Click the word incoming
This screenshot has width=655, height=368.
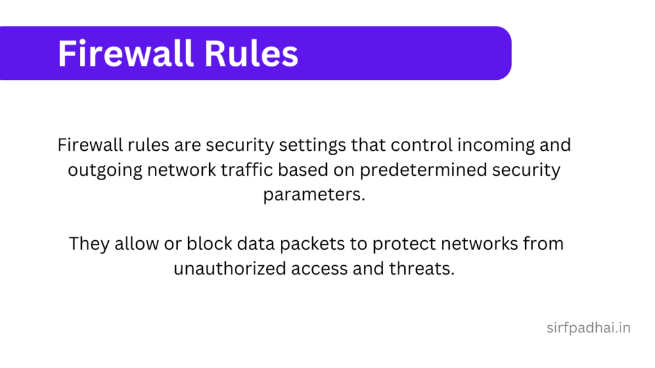[491, 146]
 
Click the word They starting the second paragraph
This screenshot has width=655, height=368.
[88, 244]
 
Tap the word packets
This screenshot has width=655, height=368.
[332, 245]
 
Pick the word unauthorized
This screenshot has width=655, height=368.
[230, 269]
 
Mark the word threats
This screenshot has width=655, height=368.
[422, 269]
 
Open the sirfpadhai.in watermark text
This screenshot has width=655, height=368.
[588, 329]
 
